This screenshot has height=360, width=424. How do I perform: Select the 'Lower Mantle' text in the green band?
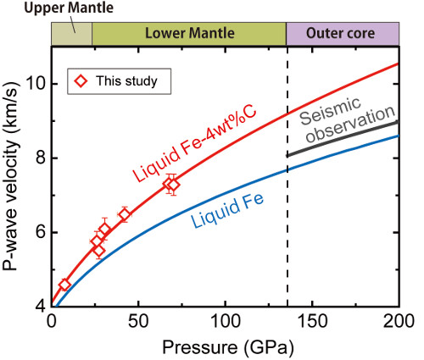pos(188,33)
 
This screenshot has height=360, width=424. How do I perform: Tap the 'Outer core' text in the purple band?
pos(342,33)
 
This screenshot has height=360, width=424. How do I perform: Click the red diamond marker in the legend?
pos(81,81)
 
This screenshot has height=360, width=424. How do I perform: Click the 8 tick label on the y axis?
pos(39,158)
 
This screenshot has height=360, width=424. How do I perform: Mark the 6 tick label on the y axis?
pos(39,232)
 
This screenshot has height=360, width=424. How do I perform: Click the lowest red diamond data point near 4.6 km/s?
pos(64,285)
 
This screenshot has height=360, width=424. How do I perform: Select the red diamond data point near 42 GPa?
pos(124,214)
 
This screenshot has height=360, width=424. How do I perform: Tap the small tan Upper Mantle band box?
pos(71,33)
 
